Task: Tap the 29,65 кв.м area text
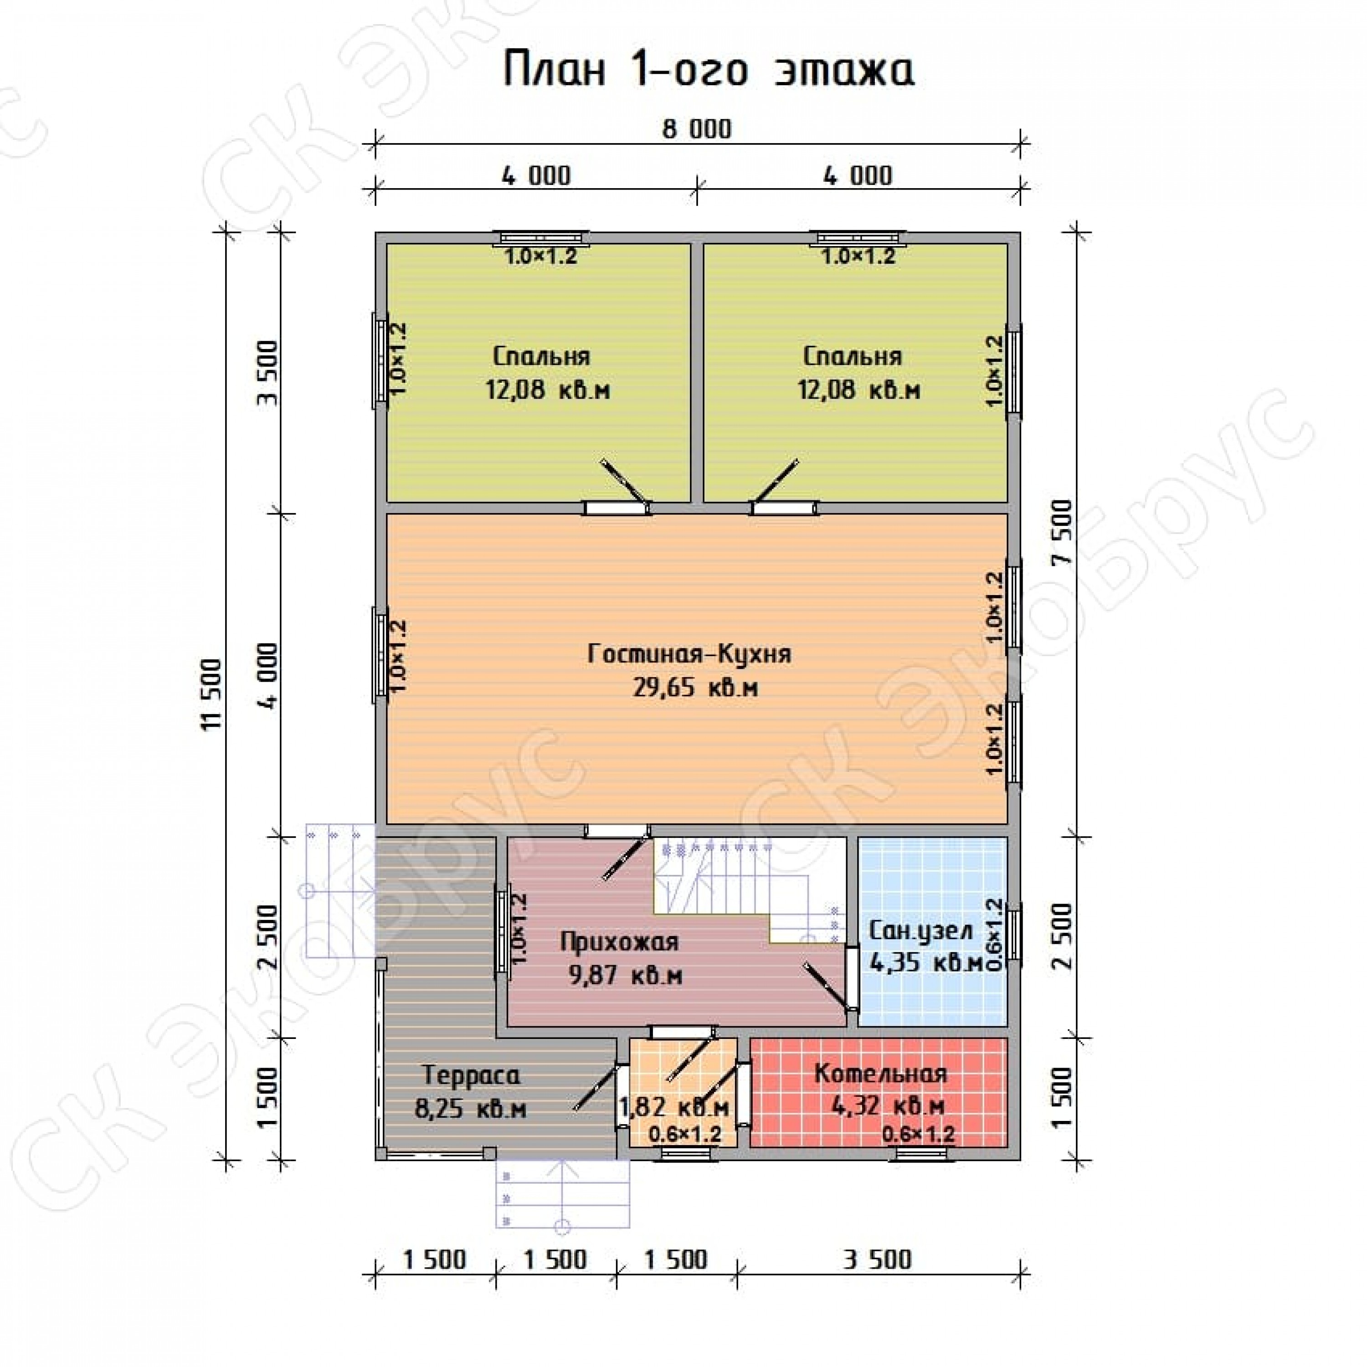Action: pyautogui.click(x=695, y=687)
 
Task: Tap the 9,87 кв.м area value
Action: pyautogui.click(x=626, y=976)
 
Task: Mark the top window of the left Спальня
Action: pyautogui.click(x=541, y=237)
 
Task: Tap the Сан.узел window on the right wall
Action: pyautogui.click(x=1014, y=933)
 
